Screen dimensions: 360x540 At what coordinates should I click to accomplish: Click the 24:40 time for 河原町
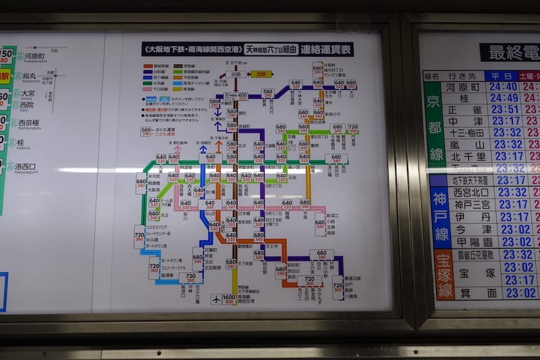coord(504,86)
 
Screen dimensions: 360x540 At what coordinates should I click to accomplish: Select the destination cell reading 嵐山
coord(464,145)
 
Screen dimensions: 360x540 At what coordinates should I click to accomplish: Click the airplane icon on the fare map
coord(215,298)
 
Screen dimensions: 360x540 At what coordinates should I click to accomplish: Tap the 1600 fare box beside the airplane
coord(229,298)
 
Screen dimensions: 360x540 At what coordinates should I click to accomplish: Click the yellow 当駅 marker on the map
coord(261,74)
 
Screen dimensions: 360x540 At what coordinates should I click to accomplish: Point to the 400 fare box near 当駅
coord(242,96)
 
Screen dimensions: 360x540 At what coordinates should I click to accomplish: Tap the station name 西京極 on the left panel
coord(28,123)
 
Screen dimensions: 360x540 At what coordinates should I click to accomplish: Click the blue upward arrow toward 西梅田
coord(203,149)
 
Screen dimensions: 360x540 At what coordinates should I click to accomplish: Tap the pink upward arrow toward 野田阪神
coord(178,149)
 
